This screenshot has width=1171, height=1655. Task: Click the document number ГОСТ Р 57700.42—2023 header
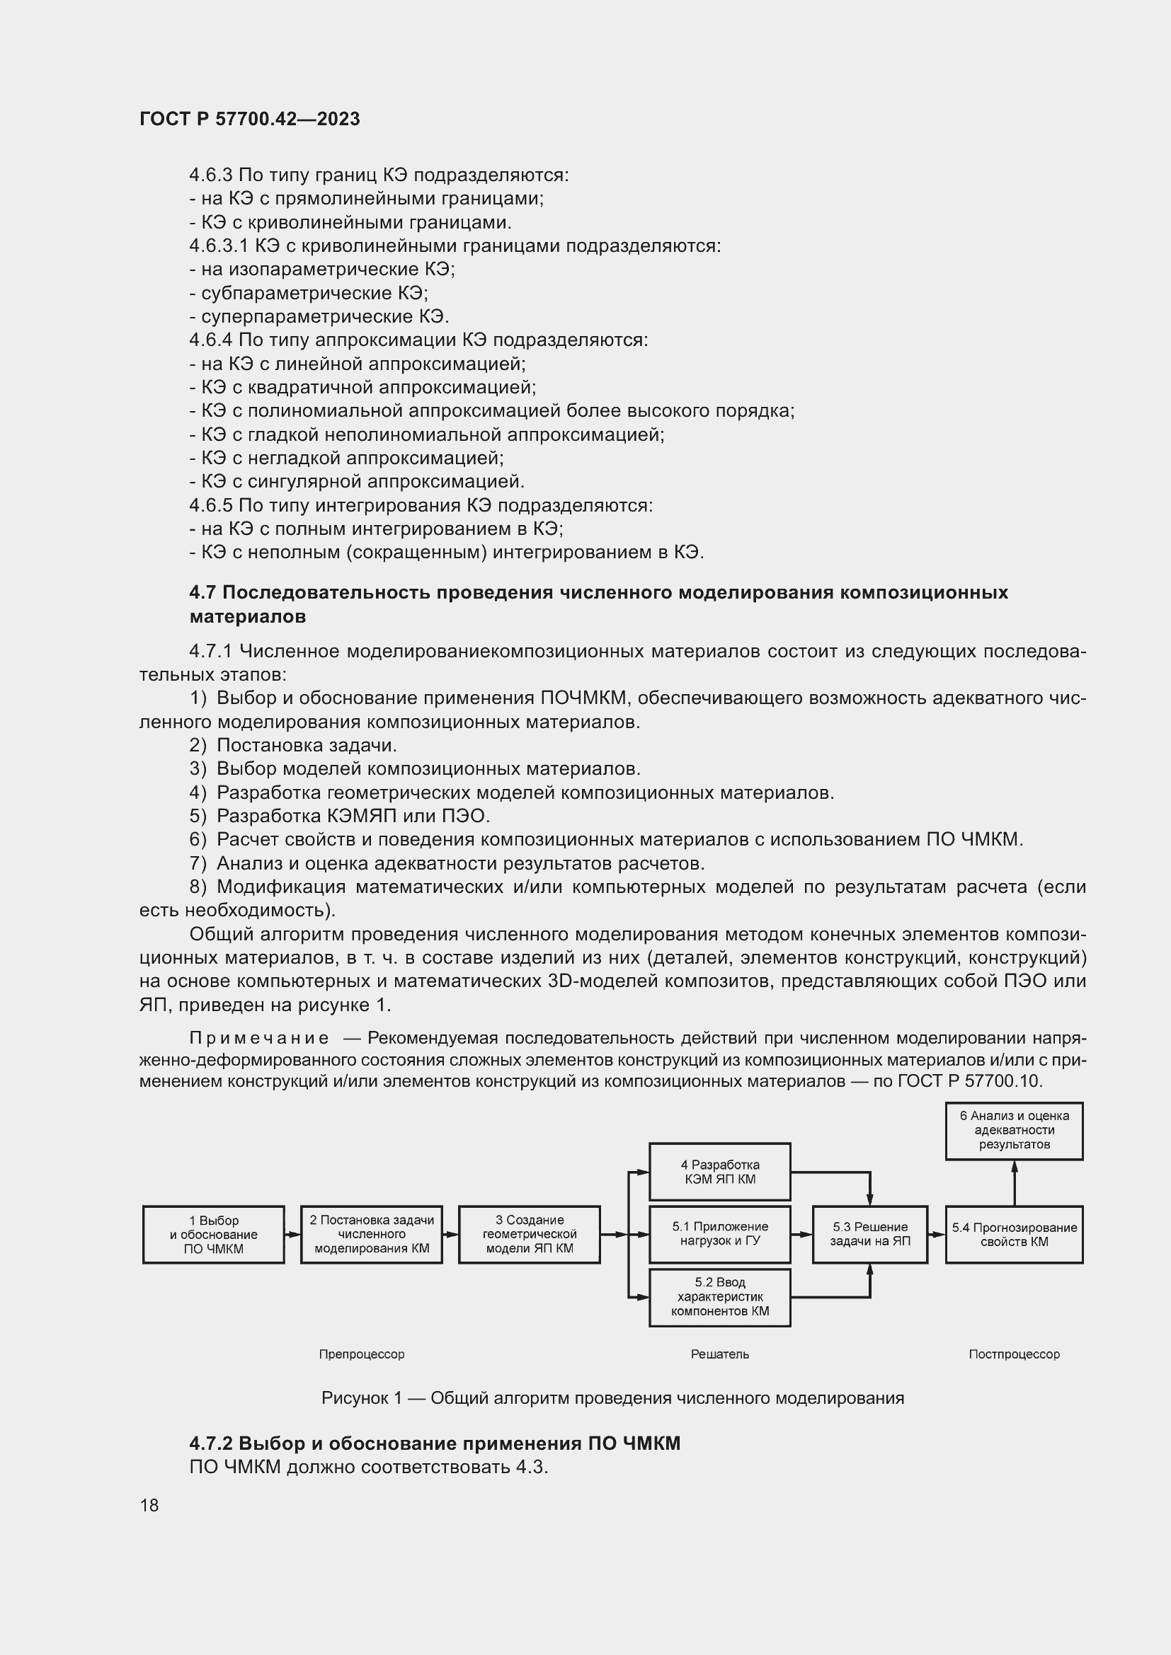pos(249,119)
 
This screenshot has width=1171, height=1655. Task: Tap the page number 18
pos(149,1505)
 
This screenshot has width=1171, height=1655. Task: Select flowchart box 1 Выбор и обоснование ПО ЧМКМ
pos(213,1235)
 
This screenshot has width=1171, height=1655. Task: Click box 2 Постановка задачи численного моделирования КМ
pos(372,1234)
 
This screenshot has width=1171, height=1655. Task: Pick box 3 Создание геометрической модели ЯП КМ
pos(530,1234)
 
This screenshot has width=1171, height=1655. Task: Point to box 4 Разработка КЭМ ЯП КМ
pos(719,1171)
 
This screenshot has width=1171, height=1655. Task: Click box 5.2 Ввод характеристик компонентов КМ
pos(719,1297)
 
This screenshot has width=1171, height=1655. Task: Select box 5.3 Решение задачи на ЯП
pos(869,1234)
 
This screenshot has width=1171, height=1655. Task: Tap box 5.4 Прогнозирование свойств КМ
pos(1014,1234)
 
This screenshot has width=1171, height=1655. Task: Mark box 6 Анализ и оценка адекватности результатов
pos(1014,1129)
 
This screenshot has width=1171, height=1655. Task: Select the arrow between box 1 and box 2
pos(292,1234)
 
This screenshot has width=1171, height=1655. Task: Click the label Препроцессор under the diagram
pos(361,1354)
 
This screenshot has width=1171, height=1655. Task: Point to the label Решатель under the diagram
pos(719,1354)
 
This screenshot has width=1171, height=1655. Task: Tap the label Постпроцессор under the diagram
pos(1014,1354)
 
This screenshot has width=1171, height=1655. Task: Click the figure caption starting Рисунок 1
pos(612,1398)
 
